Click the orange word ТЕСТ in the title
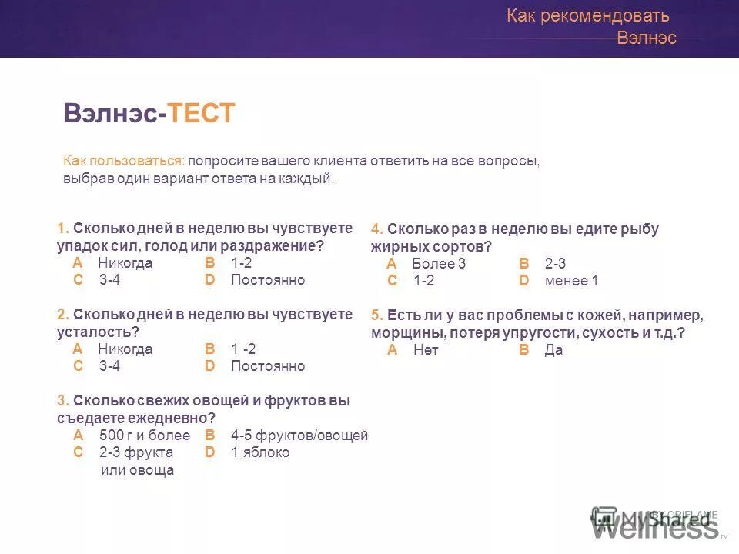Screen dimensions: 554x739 pos(202,114)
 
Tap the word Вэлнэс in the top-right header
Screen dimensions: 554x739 pos(647,38)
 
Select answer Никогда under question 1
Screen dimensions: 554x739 pos(125,263)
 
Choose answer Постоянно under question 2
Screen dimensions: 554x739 pos(268,366)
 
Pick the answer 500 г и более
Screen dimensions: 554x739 pos(145,436)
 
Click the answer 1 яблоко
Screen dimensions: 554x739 pos(260,452)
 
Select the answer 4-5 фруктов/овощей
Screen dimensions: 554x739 pos(299,436)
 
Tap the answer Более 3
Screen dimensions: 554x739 pos(439,264)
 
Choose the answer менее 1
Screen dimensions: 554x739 pos(571,281)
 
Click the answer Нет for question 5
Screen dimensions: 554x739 pos(425,350)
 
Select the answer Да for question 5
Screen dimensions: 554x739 pos(553,350)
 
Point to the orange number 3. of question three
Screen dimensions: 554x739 pos(63,401)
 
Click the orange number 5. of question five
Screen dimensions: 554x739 pos(377,315)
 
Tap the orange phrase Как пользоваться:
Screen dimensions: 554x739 pos(124,162)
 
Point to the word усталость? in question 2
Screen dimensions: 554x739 pos(98,332)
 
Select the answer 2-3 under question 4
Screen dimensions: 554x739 pos(555,264)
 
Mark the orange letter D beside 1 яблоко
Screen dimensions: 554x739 pos(210,452)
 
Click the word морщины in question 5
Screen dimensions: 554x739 pos(407,333)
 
